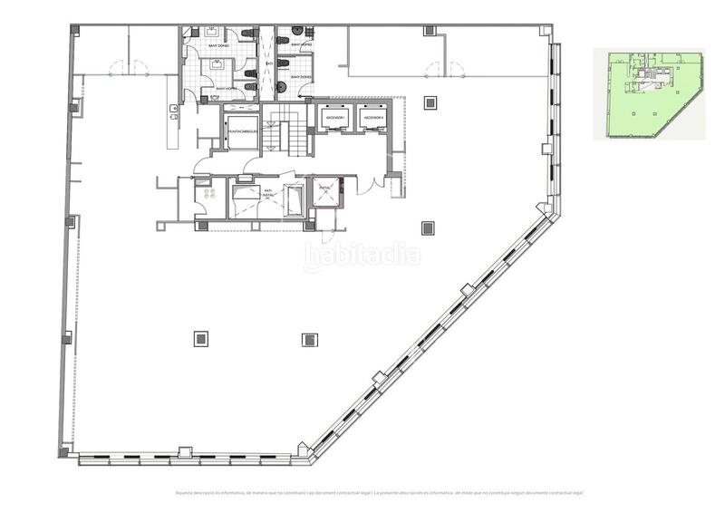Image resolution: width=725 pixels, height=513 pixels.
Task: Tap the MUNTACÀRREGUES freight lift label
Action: pos(243,131)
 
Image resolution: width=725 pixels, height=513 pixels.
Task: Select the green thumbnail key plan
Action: pos(649,94)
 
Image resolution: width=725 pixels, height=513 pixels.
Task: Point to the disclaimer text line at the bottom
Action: pos(379,492)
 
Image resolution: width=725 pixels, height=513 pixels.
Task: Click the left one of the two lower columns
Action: pos(200,339)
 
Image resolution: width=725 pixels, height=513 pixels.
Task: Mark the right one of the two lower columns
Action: pos(309,339)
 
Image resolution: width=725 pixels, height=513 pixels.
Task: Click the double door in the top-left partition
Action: pos(129,66)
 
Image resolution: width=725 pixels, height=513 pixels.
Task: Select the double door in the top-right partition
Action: pos(444,67)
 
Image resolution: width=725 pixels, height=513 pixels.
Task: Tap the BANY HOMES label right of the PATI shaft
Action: pos(301,45)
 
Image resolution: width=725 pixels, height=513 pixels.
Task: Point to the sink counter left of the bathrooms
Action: pos(172,112)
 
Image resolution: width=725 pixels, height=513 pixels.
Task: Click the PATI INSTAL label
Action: pos(268,194)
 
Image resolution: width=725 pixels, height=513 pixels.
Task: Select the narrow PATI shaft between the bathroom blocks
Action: pos(267,63)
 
